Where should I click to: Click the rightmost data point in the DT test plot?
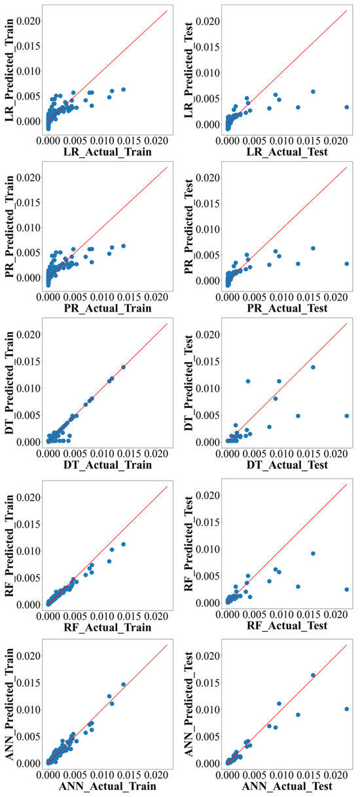pyautogui.click(x=346, y=415)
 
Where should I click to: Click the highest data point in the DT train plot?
pyautogui.click(x=123, y=367)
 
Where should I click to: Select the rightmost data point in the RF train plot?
pyautogui.click(x=123, y=544)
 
